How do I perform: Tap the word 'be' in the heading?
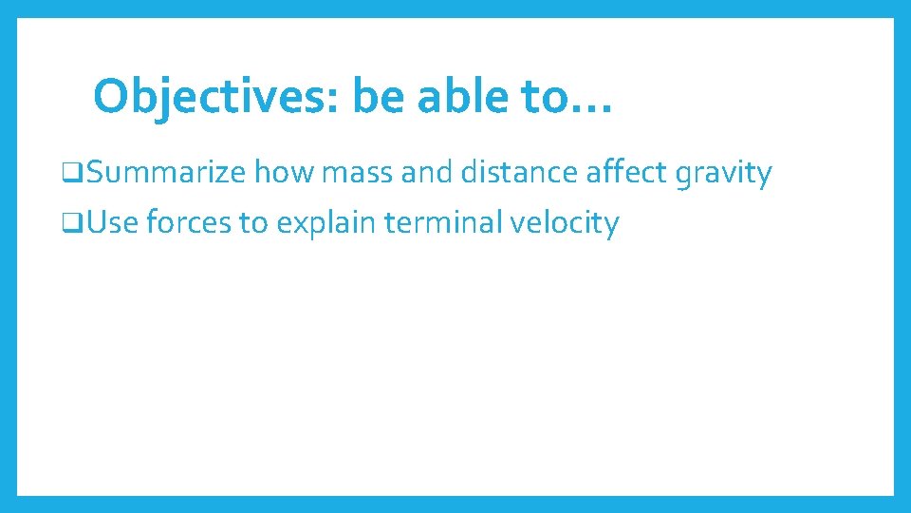pos(378,96)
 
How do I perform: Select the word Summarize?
pos(164,173)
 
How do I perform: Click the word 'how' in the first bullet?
pos(285,173)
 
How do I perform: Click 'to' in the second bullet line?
pos(253,223)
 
